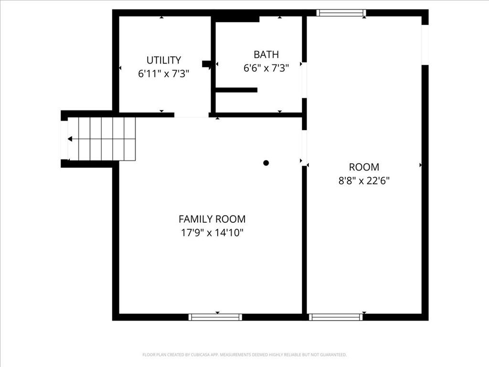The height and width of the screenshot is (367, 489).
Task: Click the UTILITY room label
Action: [x=164, y=60]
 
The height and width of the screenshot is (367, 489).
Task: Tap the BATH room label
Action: [x=266, y=54]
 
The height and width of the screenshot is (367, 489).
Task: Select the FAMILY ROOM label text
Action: [x=212, y=219]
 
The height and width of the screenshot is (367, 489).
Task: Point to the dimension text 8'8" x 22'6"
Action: [x=364, y=180]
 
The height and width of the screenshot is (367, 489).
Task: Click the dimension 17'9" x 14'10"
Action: [x=212, y=233]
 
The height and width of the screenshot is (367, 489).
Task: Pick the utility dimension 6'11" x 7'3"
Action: [x=164, y=74]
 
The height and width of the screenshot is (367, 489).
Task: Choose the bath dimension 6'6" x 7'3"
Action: [x=266, y=68]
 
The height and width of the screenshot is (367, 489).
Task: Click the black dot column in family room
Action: [x=266, y=163]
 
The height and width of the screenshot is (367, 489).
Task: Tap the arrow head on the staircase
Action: [x=70, y=139]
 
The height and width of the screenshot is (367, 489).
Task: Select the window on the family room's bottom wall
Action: [x=215, y=317]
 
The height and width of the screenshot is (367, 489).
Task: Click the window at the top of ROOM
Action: [x=341, y=13]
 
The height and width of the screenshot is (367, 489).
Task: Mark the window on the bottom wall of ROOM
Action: [x=336, y=317]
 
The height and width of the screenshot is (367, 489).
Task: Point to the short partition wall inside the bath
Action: [x=236, y=90]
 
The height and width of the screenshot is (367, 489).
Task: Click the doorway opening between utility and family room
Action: [x=191, y=115]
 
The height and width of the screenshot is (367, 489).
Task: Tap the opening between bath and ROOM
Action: [x=304, y=80]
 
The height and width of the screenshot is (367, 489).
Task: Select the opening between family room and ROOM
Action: [x=304, y=148]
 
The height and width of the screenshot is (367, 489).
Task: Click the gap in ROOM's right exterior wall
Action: [x=425, y=44]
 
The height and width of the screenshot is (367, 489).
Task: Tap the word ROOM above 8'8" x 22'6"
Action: [x=364, y=167]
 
